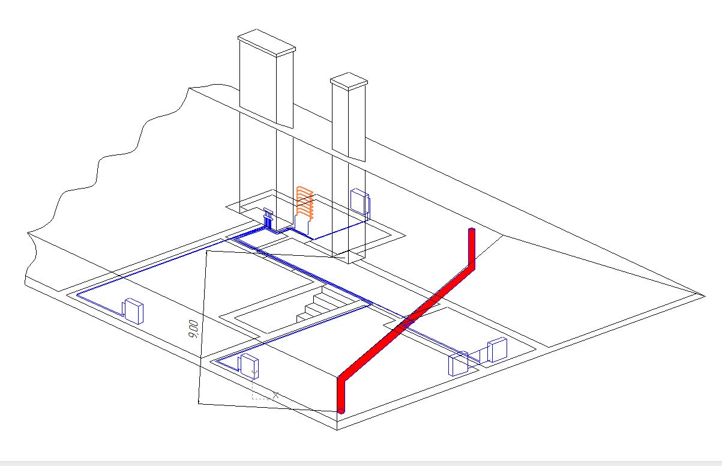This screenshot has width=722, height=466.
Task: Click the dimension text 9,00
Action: tap(193, 329)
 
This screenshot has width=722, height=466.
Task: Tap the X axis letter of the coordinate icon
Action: tap(275, 395)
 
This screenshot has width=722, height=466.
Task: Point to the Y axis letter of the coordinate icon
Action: tap(254, 374)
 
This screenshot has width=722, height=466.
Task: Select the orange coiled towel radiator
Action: tap(305, 203)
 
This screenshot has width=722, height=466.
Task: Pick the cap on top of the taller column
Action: tap(266, 43)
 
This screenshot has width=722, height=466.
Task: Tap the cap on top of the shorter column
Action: tap(349, 81)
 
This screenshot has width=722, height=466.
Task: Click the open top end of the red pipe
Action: tap(472, 229)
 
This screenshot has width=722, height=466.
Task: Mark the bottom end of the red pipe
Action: tap(341, 411)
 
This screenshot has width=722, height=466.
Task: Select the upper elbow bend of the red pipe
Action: tap(471, 267)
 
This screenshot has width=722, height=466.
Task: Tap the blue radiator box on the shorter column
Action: tap(360, 202)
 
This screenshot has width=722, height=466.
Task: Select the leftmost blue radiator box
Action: tap(133, 311)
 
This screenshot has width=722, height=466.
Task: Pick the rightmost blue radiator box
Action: tap(498, 349)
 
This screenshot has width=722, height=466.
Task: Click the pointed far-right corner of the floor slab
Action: tap(705, 295)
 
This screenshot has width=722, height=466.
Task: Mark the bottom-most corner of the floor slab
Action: tap(337, 430)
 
